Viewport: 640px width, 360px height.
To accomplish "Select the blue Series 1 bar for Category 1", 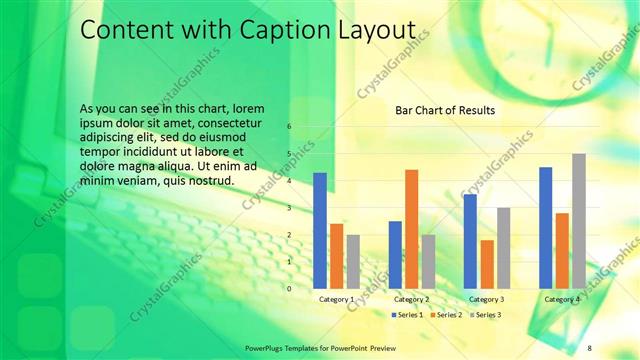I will click(320, 230).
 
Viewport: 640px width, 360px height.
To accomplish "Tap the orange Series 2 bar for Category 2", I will click(411, 229).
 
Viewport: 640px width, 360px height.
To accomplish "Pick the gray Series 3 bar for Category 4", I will click(578, 221).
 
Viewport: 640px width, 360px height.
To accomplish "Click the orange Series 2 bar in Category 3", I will click(487, 264).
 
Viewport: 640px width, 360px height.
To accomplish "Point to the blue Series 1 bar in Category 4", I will click(545, 227).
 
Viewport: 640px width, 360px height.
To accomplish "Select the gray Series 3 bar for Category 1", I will click(353, 262).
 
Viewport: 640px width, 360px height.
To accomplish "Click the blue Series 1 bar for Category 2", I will click(395, 254).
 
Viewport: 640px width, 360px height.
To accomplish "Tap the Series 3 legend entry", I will click(486, 315).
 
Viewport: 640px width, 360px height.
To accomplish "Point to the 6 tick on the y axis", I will click(289, 127).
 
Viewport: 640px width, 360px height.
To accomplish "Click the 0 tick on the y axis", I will click(289, 288).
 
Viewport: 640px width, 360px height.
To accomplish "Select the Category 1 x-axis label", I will click(336, 299).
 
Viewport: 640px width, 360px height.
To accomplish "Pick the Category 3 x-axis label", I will click(486, 299).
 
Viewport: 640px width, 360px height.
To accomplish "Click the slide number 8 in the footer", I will click(589, 346).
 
